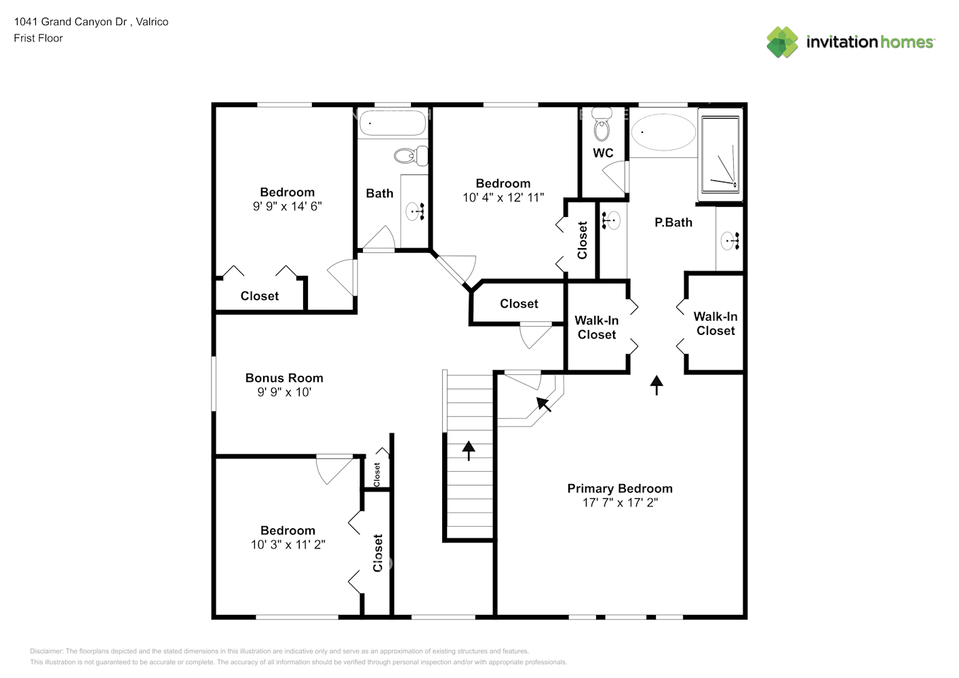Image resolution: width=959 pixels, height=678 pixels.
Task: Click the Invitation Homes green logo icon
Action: pyautogui.click(x=782, y=42)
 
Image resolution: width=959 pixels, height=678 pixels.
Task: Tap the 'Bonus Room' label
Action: pyautogui.click(x=284, y=378)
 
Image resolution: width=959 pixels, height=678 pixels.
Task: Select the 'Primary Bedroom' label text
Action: pyautogui.click(x=619, y=488)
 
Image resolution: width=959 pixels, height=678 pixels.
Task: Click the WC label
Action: pyautogui.click(x=603, y=153)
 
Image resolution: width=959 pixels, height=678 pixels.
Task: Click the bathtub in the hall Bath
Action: pyautogui.click(x=392, y=123)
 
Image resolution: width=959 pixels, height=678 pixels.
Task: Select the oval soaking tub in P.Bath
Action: pyautogui.click(x=663, y=132)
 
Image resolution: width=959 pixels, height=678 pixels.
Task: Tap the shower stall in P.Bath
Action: pyautogui.click(x=720, y=155)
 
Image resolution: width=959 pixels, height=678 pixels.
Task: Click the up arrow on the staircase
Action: pyautogui.click(x=469, y=450)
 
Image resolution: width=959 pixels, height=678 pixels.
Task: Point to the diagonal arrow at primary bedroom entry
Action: pyautogui.click(x=544, y=404)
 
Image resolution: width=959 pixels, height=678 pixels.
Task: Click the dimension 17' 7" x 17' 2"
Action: pyautogui.click(x=619, y=502)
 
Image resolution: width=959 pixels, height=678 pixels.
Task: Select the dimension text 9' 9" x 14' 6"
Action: pyautogui.click(x=287, y=206)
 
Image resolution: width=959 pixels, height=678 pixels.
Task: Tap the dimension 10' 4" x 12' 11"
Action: pyautogui.click(x=503, y=197)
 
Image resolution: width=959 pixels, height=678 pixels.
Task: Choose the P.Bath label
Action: pyautogui.click(x=673, y=222)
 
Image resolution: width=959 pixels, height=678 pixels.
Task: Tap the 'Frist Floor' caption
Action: pyautogui.click(x=38, y=38)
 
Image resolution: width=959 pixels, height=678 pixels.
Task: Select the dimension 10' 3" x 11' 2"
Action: pyautogui.click(x=288, y=544)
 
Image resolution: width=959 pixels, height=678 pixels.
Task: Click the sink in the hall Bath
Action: pyautogui.click(x=415, y=212)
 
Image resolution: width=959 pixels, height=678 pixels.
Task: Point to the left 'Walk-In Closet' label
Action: pyautogui.click(x=596, y=327)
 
